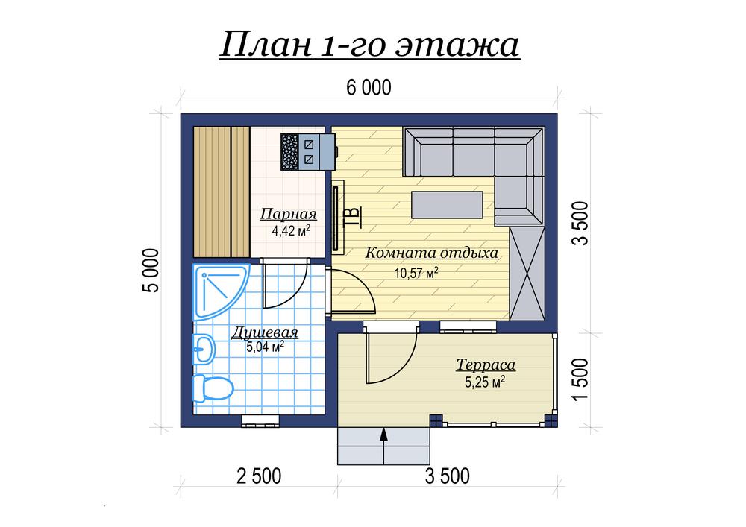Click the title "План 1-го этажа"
pyautogui.click(x=369, y=45)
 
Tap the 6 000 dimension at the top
pyautogui.click(x=369, y=87)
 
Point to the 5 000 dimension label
pyautogui.click(x=151, y=271)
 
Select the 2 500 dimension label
pyautogui.click(x=259, y=476)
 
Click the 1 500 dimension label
pyautogui.click(x=580, y=379)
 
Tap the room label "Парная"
pyautogui.click(x=288, y=215)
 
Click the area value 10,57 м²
pyautogui.click(x=416, y=273)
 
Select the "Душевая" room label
pyautogui.click(x=265, y=332)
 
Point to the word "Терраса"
pyautogui.click(x=486, y=365)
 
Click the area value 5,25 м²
pyautogui.click(x=485, y=382)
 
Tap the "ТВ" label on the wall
pyautogui.click(x=353, y=217)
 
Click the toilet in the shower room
pyautogui.click(x=213, y=388)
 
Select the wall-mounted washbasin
pyautogui.click(x=204, y=350)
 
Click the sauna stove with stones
pyautogui.click(x=308, y=151)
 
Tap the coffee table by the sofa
pyautogui.click(x=447, y=205)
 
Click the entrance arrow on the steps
pyautogui.click(x=384, y=445)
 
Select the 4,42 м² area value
pyautogui.click(x=291, y=231)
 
